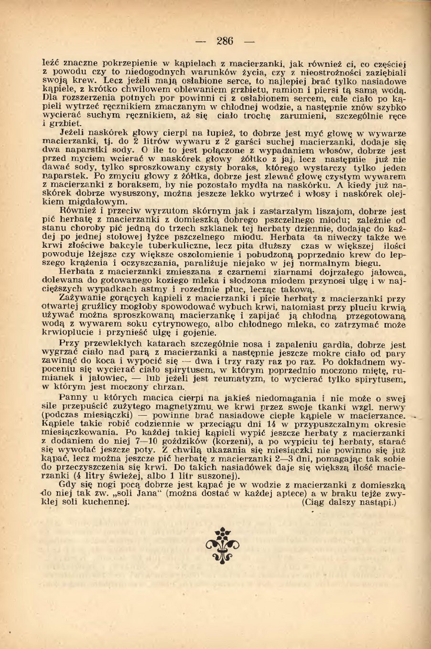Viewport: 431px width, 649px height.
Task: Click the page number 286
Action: point(225,41)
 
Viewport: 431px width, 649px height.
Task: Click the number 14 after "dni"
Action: point(270,424)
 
